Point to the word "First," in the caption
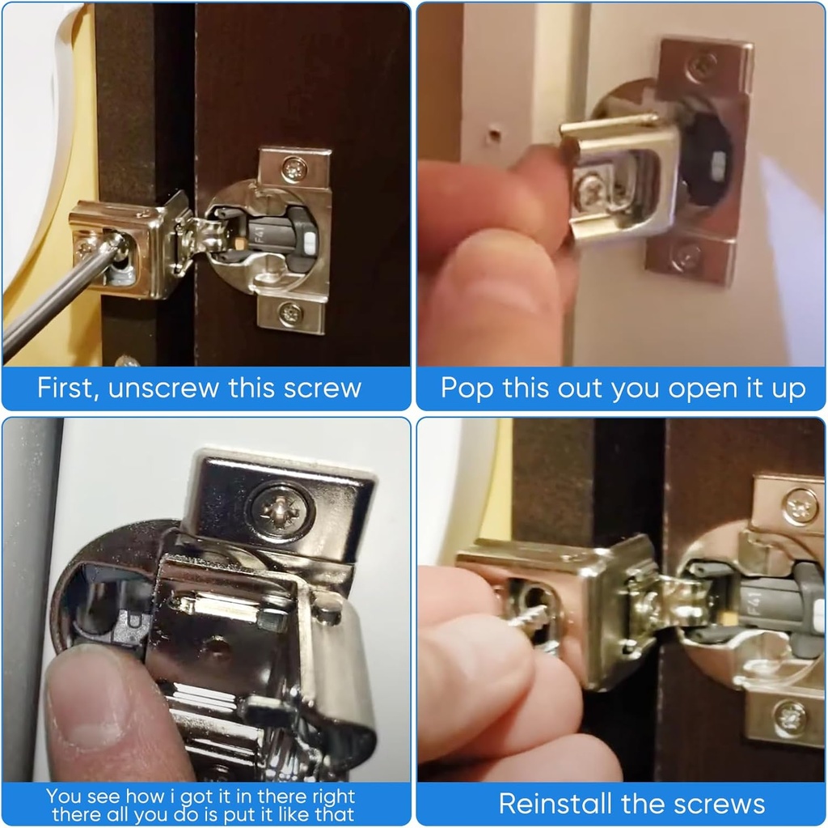tap(69, 388)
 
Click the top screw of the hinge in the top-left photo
tap(294, 169)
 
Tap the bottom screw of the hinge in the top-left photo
tap(291, 312)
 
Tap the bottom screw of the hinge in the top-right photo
tap(686, 257)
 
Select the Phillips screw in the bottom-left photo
tap(279, 511)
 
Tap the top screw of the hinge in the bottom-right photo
tap(800, 507)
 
